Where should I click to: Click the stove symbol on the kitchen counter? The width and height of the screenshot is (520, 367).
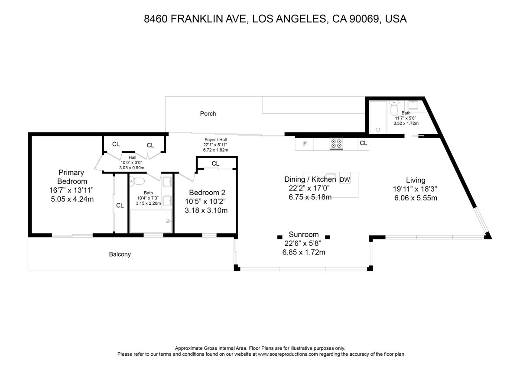pyautogui.click(x=336, y=144)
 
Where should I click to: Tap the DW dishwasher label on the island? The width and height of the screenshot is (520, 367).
pyautogui.click(x=345, y=180)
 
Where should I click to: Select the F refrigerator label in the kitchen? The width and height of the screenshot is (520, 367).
pyautogui.click(x=305, y=144)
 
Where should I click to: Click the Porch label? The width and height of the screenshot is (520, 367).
pyautogui.click(x=208, y=114)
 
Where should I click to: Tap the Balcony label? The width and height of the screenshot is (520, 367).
pyautogui.click(x=120, y=254)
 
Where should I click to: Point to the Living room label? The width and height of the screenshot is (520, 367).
pyautogui.click(x=416, y=180)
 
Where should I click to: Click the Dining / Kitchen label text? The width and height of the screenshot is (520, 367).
pyautogui.click(x=310, y=179)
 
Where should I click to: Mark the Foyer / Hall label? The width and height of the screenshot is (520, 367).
pyautogui.click(x=215, y=140)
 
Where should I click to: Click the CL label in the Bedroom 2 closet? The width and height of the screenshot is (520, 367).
pyautogui.click(x=215, y=164)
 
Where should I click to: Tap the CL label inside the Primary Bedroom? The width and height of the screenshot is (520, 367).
pyautogui.click(x=120, y=206)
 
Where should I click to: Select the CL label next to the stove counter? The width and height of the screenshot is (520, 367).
pyautogui.click(x=363, y=143)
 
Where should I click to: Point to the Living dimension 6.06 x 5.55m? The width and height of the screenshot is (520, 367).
pyautogui.click(x=416, y=198)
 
